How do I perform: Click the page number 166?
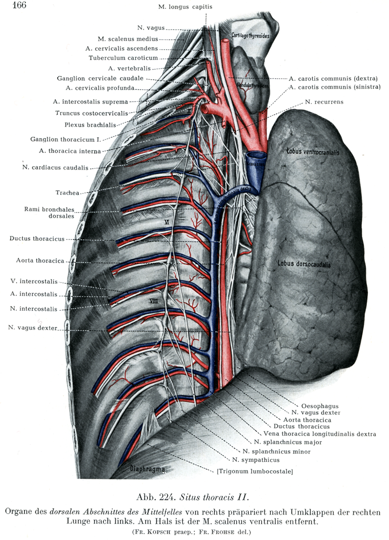tap(18, 5)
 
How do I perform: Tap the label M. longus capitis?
tap(185, 7)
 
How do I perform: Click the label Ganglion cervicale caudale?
tap(100, 78)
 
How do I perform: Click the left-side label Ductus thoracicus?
tap(36, 238)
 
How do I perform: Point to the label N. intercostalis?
tap(33, 309)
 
